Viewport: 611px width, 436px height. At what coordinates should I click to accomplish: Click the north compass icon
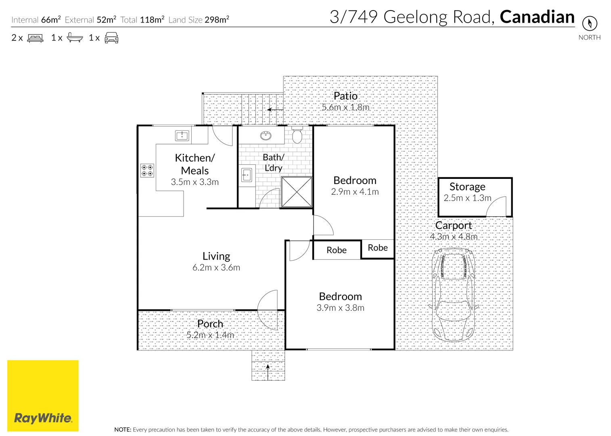(589, 23)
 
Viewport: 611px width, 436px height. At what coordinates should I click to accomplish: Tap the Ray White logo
(43, 396)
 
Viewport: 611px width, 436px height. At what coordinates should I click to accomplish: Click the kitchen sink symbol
(182, 136)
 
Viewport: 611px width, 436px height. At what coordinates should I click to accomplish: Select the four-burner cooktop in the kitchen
(147, 170)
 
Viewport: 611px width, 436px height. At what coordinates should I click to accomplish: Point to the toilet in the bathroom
(297, 135)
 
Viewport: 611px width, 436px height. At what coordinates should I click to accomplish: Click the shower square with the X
(297, 192)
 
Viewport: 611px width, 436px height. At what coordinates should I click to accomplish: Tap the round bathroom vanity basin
(266, 136)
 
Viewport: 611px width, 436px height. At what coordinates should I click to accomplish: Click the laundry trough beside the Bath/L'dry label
(246, 176)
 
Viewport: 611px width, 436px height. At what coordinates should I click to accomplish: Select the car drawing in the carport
(453, 295)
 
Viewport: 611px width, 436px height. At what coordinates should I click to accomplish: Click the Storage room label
(467, 187)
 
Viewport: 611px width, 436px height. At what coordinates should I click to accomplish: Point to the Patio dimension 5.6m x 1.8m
(345, 107)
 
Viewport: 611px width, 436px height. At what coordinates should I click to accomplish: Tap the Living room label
(216, 256)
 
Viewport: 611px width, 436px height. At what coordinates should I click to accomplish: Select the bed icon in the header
(35, 38)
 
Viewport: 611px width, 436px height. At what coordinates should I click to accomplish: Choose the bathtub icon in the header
(75, 38)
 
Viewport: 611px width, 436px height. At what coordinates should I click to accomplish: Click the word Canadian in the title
(537, 17)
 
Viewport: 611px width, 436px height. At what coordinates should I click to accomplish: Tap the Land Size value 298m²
(217, 19)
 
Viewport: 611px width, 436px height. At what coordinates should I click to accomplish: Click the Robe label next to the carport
(378, 248)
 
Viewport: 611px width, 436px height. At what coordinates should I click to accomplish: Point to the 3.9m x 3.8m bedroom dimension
(340, 308)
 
